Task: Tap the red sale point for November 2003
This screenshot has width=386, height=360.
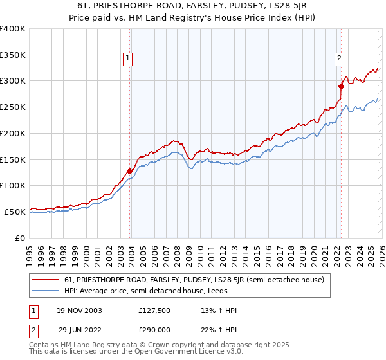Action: click(130, 171)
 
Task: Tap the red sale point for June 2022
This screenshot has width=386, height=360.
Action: click(341, 85)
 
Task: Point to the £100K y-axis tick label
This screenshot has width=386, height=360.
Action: click(13, 185)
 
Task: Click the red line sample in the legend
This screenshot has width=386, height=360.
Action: click(45, 280)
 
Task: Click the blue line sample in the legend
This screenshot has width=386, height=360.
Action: click(45, 291)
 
